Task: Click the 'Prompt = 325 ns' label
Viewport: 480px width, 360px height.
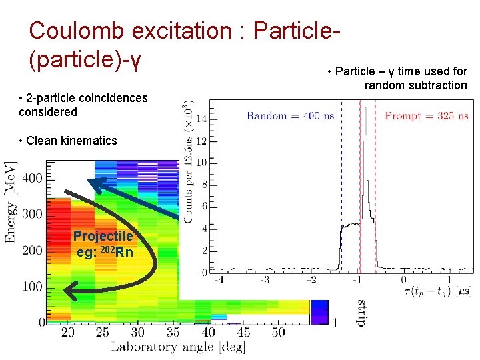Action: pyautogui.click(x=426, y=116)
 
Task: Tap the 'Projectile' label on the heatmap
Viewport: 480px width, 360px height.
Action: pyautogui.click(x=103, y=236)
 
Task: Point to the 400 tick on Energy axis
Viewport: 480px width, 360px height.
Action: pyautogui.click(x=32, y=178)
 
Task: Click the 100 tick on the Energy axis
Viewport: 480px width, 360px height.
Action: pyautogui.click(x=32, y=286)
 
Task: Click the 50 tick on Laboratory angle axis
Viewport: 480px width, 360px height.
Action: pyautogui.click(x=278, y=332)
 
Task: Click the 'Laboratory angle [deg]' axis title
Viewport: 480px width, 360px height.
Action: pyautogui.click(x=177, y=347)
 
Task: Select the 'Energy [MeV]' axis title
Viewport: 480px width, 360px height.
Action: pyautogui.click(x=10, y=201)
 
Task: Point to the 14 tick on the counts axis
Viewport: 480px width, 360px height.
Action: pyautogui.click(x=201, y=119)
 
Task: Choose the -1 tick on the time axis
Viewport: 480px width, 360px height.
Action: pyautogui.click(x=357, y=280)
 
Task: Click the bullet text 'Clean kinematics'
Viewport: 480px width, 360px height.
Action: pyautogui.click(x=68, y=140)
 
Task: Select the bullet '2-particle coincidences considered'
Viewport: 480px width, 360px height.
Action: pyautogui.click(x=83, y=105)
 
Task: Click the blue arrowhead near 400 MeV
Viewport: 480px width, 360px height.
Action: pyautogui.click(x=97, y=183)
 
